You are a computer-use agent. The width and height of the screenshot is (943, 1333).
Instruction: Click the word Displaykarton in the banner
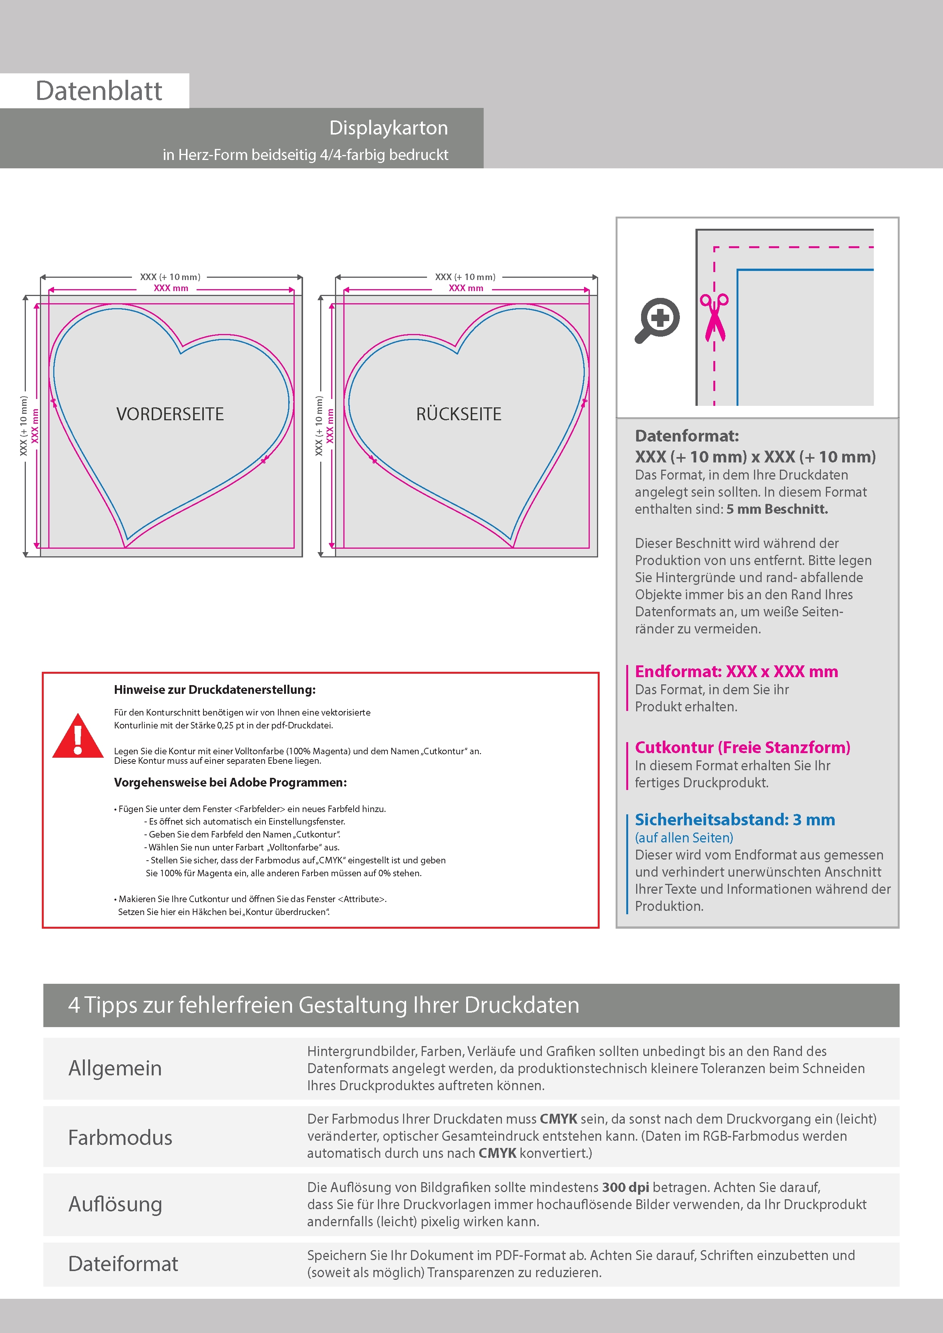coord(388,128)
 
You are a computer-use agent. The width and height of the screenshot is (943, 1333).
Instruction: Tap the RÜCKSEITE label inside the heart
coord(459,414)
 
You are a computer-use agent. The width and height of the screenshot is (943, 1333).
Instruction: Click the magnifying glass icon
coord(657,320)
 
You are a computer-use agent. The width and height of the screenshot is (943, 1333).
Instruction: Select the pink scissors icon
coord(714,317)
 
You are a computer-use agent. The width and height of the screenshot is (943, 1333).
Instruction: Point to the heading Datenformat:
coord(687,436)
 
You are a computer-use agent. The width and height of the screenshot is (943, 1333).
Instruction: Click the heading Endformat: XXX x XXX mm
coord(736,672)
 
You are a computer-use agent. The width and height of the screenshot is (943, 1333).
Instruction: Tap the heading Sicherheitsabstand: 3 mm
coord(734,820)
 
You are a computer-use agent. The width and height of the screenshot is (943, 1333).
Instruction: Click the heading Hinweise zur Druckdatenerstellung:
coord(214,690)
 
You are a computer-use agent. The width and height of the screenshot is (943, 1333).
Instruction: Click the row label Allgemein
coord(115,1068)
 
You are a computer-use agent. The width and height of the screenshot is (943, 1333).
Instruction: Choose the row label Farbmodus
coord(120,1137)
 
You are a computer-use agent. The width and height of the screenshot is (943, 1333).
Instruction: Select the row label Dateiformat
coord(123,1264)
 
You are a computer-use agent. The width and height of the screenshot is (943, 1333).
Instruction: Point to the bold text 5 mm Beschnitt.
coord(777,509)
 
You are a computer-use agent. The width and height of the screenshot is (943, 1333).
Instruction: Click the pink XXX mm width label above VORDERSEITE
coord(171,288)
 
